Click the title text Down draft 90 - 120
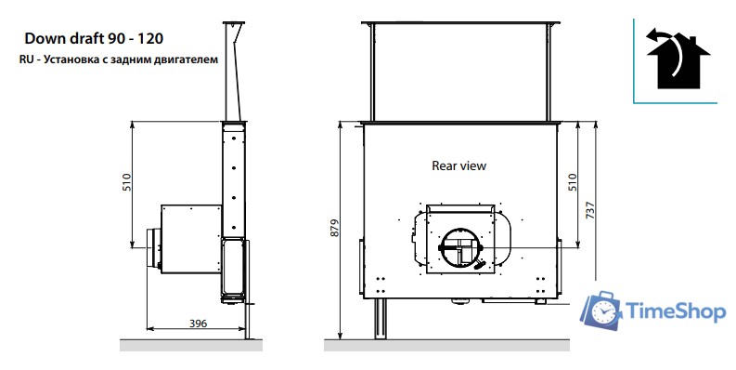(94, 38)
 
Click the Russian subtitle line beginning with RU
(119, 59)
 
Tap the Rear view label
(459, 165)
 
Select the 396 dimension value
(198, 324)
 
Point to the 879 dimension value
(335, 228)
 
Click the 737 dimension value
(590, 210)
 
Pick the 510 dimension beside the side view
(127, 182)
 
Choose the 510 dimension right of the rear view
(573, 182)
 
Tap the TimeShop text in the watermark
(676, 311)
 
